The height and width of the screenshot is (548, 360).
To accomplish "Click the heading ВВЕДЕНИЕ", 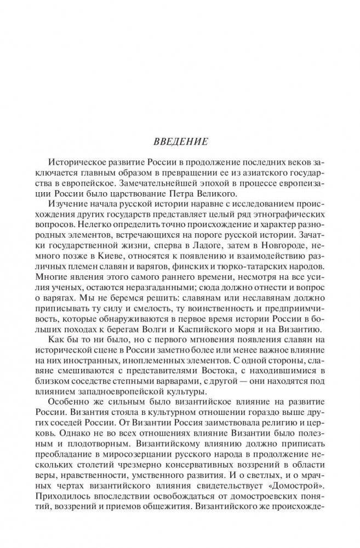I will click(x=180, y=141).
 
